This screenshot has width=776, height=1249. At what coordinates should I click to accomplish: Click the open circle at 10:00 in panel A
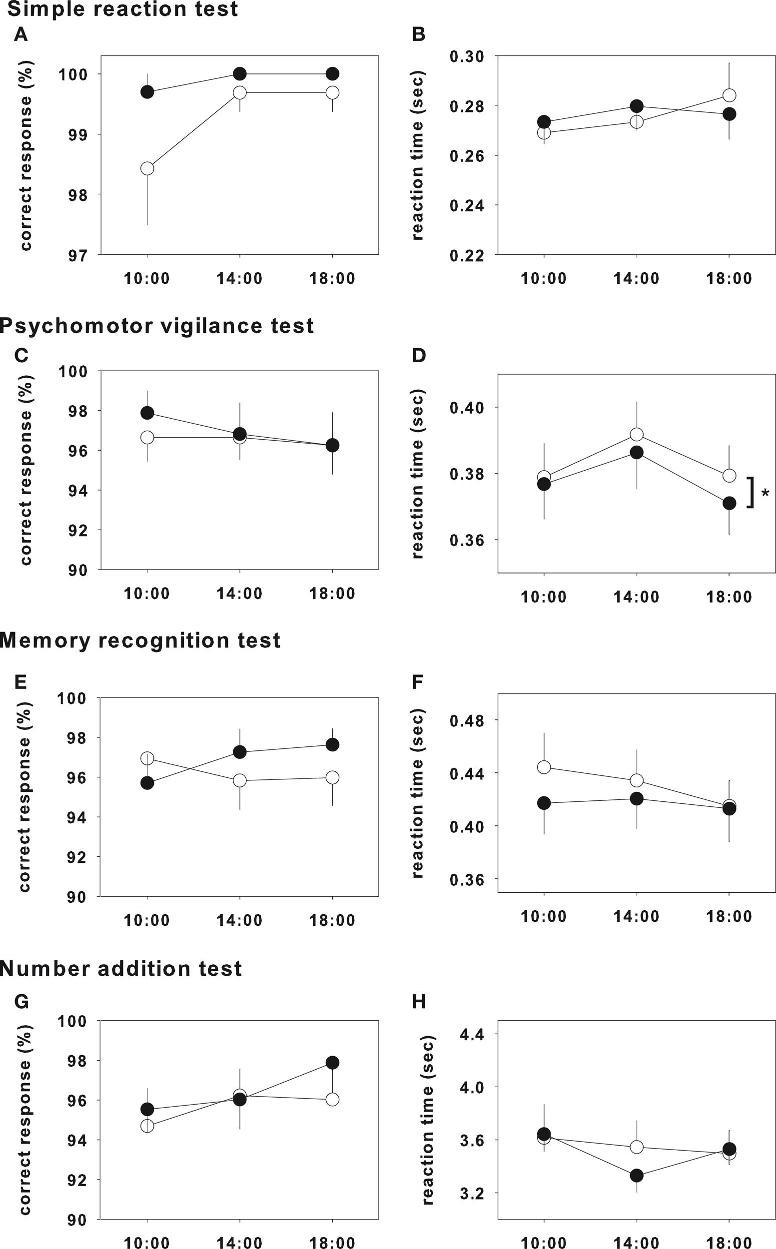point(147,168)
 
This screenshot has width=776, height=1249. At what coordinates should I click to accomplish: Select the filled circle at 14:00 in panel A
point(240,74)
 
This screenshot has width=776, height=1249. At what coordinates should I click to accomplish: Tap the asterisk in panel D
point(765,494)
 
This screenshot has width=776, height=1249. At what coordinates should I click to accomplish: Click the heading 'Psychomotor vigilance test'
point(156,326)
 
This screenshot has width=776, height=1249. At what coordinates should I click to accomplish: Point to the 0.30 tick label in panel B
point(467,56)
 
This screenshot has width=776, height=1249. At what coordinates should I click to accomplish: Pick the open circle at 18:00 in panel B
point(730,95)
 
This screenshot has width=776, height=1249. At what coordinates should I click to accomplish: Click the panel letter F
point(418,682)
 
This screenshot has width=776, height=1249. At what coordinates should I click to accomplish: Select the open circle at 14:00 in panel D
point(637,435)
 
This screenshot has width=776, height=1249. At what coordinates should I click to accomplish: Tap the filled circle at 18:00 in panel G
point(333,1062)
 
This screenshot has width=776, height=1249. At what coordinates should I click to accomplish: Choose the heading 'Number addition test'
point(120,969)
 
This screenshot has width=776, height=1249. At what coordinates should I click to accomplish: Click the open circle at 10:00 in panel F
point(544,767)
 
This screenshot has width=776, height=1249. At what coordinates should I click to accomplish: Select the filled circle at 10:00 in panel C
point(147,413)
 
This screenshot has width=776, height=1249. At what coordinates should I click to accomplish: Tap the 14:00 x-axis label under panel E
point(240,920)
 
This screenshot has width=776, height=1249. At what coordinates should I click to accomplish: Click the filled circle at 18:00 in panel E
point(333,744)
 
